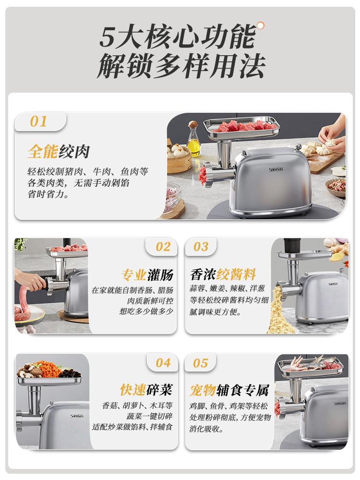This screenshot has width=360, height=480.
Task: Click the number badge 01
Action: pos(39,121)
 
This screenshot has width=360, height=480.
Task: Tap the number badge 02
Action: pos(163,247)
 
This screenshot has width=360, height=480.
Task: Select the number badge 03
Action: pos(201,247)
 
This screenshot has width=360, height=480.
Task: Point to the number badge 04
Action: pos(163,363)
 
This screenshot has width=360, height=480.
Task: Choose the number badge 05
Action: pos(201,363)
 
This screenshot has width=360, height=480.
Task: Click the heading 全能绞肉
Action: pos(59,152)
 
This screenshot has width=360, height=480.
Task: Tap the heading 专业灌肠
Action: pos(147,275)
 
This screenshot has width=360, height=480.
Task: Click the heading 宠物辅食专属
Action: pos(229,390)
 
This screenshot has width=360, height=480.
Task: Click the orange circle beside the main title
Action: pos(260,25)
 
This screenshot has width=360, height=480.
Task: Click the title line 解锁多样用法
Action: pos(181,67)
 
